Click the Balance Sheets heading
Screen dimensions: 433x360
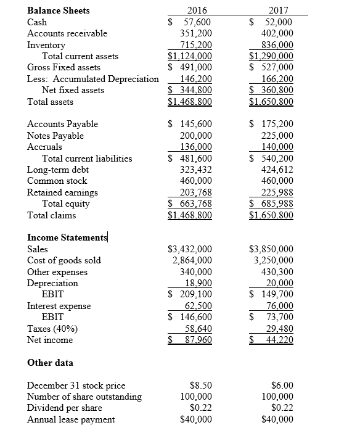coord(59,10)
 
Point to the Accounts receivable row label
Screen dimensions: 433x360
coord(67,33)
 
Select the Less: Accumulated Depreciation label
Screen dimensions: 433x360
coord(93,78)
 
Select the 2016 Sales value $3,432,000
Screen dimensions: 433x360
coord(190,249)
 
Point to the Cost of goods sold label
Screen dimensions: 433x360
coord(64,260)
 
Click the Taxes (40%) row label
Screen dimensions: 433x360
coord(52,328)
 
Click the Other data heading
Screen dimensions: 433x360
coord(51,363)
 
